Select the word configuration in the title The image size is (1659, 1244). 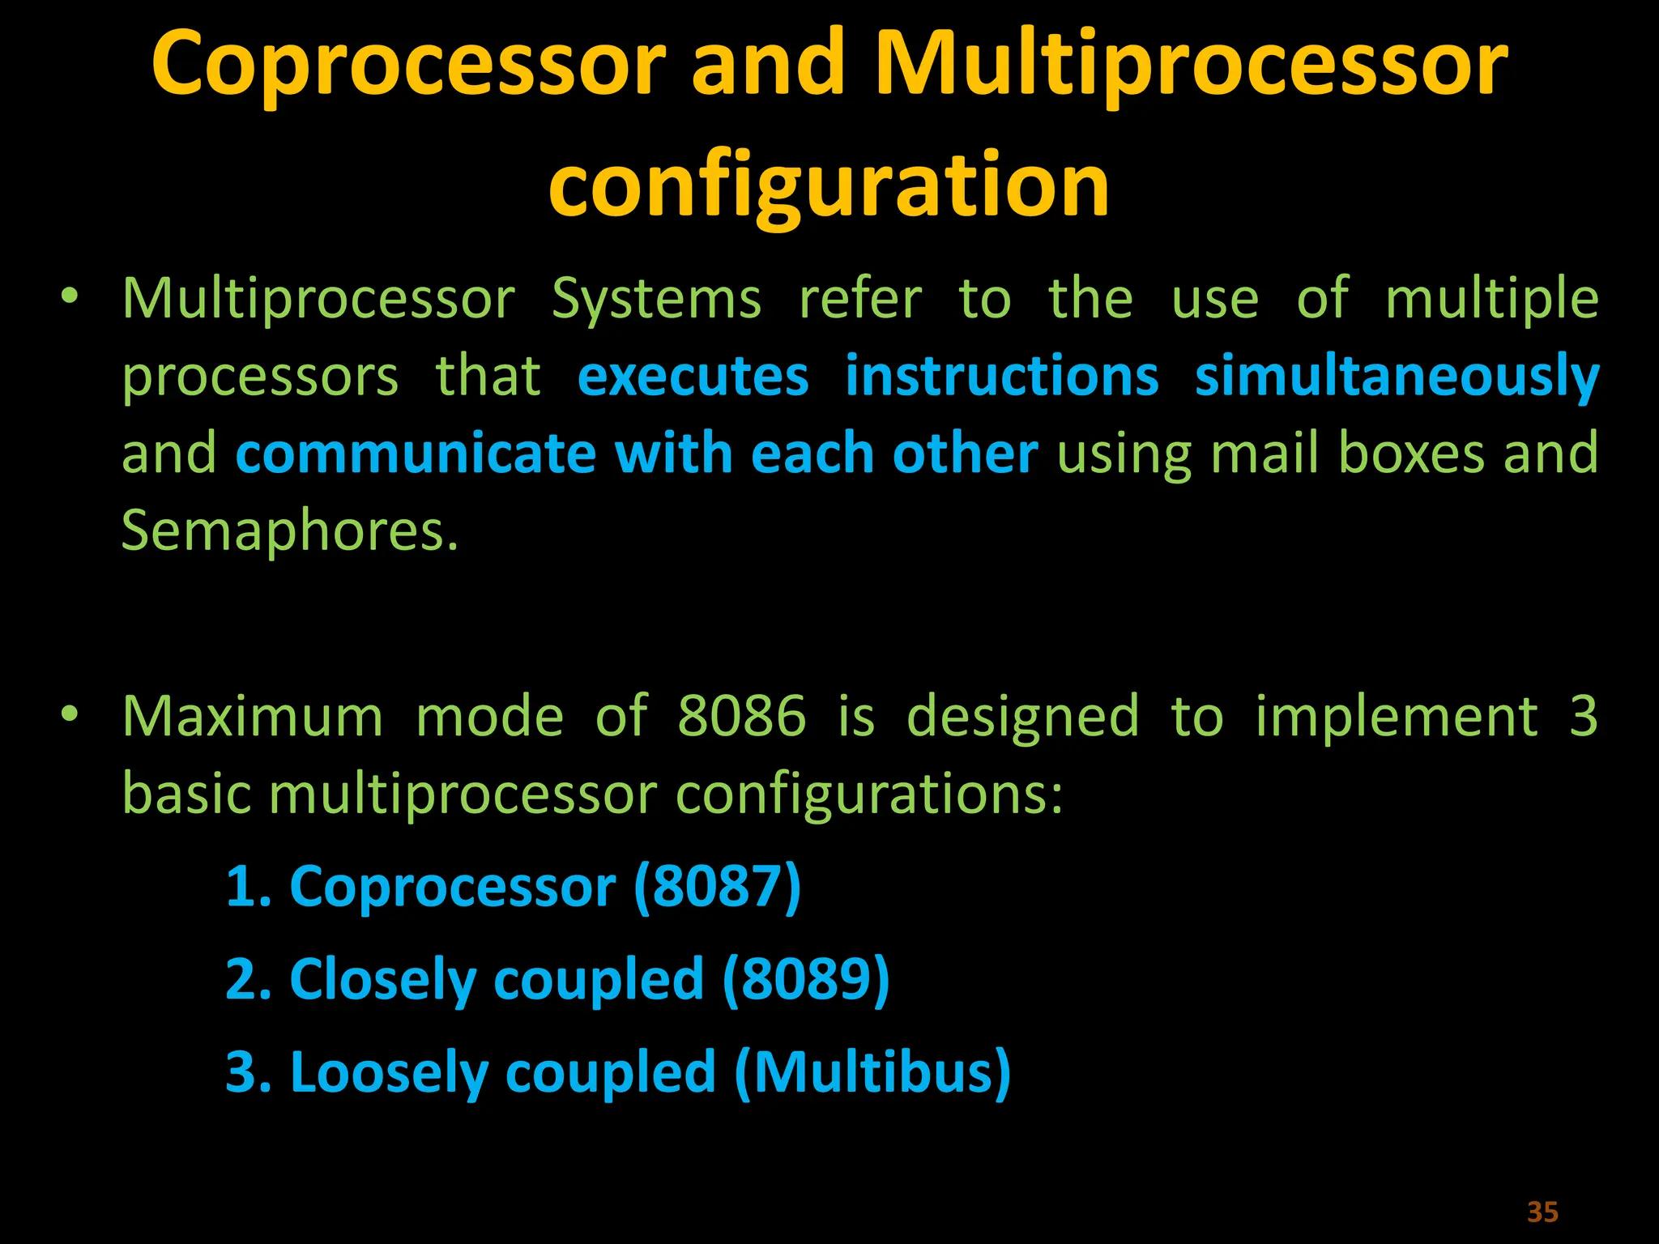coord(829,186)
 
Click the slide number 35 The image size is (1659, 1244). coord(1542,1212)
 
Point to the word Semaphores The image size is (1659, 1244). coord(289,530)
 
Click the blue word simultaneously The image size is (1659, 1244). coord(1397,377)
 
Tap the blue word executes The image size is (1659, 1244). coord(693,377)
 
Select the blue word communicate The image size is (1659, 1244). coord(416,454)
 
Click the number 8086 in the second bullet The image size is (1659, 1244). coord(741,717)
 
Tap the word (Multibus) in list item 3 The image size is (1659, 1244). coord(872,1072)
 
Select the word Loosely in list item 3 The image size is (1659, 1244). coord(389,1072)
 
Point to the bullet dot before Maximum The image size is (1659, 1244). coord(70,714)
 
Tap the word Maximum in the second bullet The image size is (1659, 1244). coord(253,717)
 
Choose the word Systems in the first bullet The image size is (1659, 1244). coord(656,300)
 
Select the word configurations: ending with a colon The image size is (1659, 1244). coord(868,794)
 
